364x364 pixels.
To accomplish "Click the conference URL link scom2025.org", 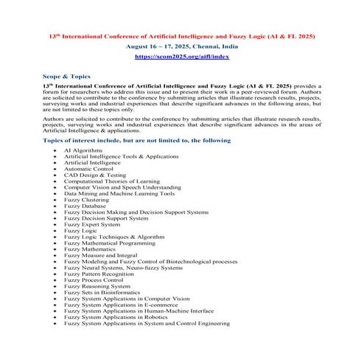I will point(182,56).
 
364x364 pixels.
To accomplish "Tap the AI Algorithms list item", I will point(83,150).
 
